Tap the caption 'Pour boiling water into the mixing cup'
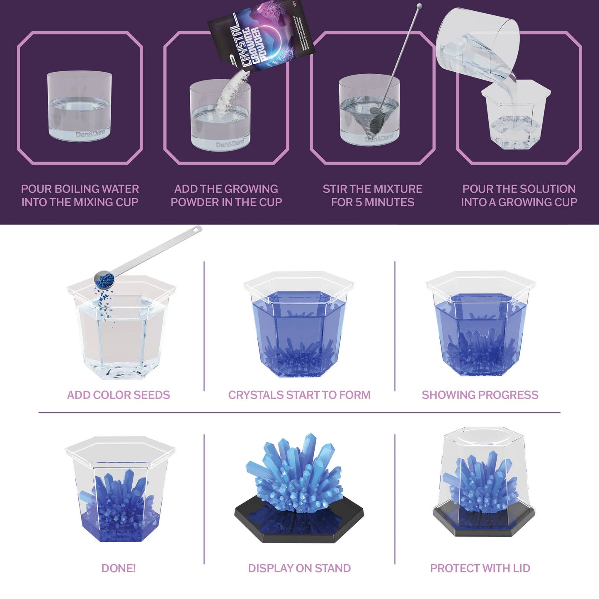click(x=80, y=196)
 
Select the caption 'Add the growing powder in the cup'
click(x=226, y=196)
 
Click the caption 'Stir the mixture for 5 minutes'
click(x=373, y=196)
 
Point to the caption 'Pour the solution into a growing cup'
click(x=519, y=196)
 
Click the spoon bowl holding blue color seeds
click(x=103, y=279)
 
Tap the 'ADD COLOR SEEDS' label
click(x=119, y=395)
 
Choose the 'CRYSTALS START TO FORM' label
click(x=299, y=395)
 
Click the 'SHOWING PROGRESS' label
click(x=480, y=395)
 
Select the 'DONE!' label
click(x=119, y=568)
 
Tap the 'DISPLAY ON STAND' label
click(x=299, y=568)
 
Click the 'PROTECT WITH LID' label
click(x=480, y=568)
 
